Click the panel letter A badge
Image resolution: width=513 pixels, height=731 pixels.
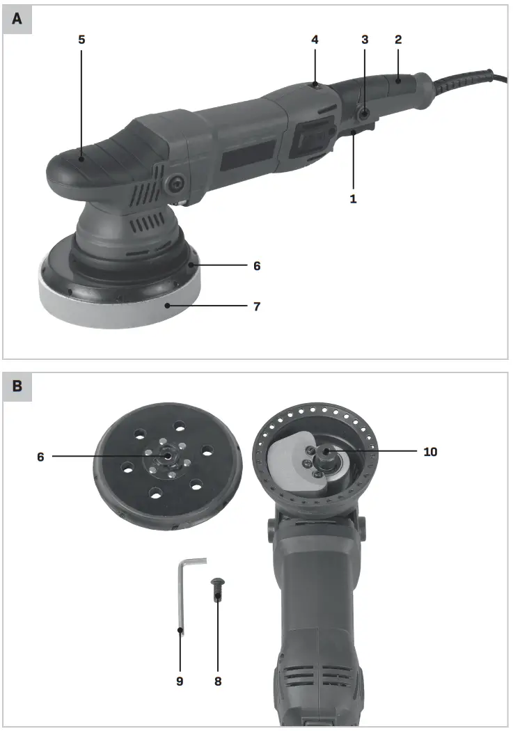pyautogui.click(x=17, y=19)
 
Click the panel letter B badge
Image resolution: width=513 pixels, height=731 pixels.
pyautogui.click(x=17, y=387)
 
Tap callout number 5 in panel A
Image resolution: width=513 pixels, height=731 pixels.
pyautogui.click(x=81, y=40)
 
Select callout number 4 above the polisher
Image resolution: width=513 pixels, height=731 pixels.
pyautogui.click(x=315, y=40)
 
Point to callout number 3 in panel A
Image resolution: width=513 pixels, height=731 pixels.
pyautogui.click(x=364, y=40)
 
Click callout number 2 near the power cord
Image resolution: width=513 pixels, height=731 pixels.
pyautogui.click(x=398, y=40)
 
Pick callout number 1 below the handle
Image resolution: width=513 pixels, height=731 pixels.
pyautogui.click(x=354, y=198)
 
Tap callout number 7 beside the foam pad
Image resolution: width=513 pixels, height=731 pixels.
pyautogui.click(x=257, y=306)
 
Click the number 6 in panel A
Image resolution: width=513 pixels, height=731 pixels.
pyautogui.click(x=257, y=266)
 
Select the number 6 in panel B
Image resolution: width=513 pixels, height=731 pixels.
pyautogui.click(x=40, y=457)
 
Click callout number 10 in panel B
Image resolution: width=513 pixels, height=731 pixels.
pyautogui.click(x=430, y=452)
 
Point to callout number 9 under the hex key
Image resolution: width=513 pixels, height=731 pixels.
pyautogui.click(x=180, y=681)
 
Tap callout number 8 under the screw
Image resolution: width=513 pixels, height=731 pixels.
pyautogui.click(x=217, y=681)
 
